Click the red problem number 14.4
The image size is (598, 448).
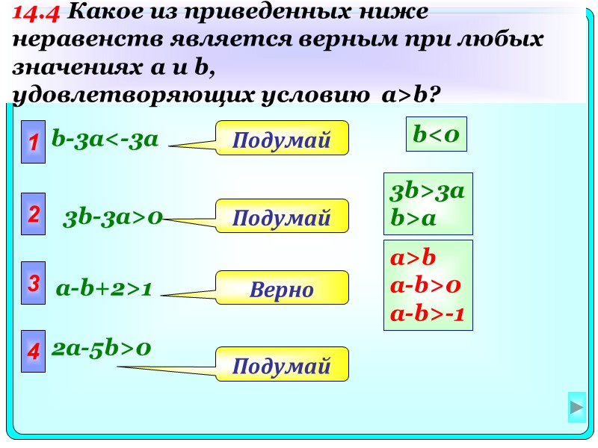click(x=38, y=13)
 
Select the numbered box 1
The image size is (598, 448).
click(x=33, y=140)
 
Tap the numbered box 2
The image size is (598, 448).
click(x=33, y=215)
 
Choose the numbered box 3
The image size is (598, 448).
click(x=33, y=283)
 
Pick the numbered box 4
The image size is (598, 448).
click(x=33, y=351)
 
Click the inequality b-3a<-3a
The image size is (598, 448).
click(x=105, y=140)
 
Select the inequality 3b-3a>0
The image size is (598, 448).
click(x=114, y=219)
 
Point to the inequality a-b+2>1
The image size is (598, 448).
click(x=105, y=289)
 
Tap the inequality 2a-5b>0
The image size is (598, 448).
click(x=102, y=348)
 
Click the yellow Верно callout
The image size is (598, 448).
click(x=282, y=288)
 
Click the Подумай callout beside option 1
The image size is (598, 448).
click(x=282, y=138)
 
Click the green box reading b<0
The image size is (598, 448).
click(x=436, y=134)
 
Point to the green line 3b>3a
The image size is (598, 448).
click(x=428, y=191)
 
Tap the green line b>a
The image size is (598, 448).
click(x=413, y=219)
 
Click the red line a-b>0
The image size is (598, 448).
click(x=425, y=285)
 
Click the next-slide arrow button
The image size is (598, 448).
click(x=576, y=408)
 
